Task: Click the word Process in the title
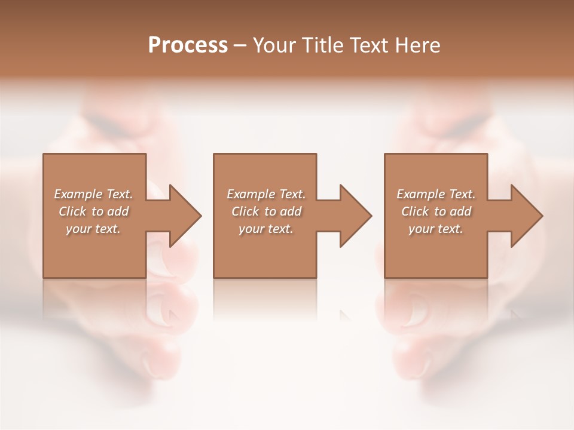point(188,45)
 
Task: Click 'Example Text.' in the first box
point(94,194)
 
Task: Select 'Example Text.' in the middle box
point(266,194)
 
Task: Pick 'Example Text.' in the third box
point(436,194)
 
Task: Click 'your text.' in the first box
point(93,229)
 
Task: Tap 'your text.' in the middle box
point(266,229)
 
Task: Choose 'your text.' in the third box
point(436,229)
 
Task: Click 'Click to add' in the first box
point(94,211)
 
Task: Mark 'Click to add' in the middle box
point(266,211)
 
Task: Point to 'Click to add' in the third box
point(436,211)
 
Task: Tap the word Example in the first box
point(78,194)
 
